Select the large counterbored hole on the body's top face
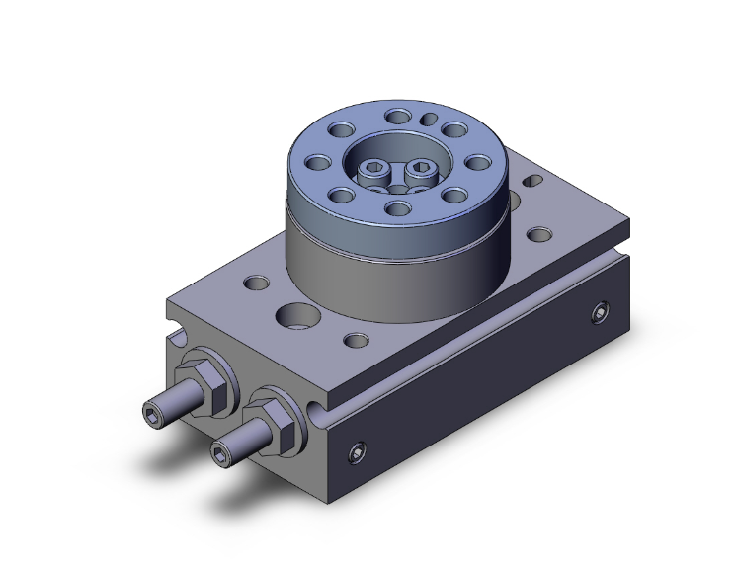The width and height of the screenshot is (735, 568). pyautogui.click(x=295, y=317)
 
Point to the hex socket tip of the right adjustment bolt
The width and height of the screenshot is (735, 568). pyautogui.click(x=219, y=452)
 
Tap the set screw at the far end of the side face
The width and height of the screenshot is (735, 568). pyautogui.click(x=600, y=313)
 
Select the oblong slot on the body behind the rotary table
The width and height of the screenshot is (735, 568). pyautogui.click(x=534, y=183)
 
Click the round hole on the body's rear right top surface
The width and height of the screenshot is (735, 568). pyautogui.click(x=539, y=234)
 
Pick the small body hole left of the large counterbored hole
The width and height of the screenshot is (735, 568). pyautogui.click(x=256, y=284)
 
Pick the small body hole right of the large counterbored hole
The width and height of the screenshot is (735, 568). pyautogui.click(x=352, y=343)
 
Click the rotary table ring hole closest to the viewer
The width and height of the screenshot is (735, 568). pyautogui.click(x=399, y=207)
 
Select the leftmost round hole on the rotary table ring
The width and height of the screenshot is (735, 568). pyautogui.click(x=319, y=164)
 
